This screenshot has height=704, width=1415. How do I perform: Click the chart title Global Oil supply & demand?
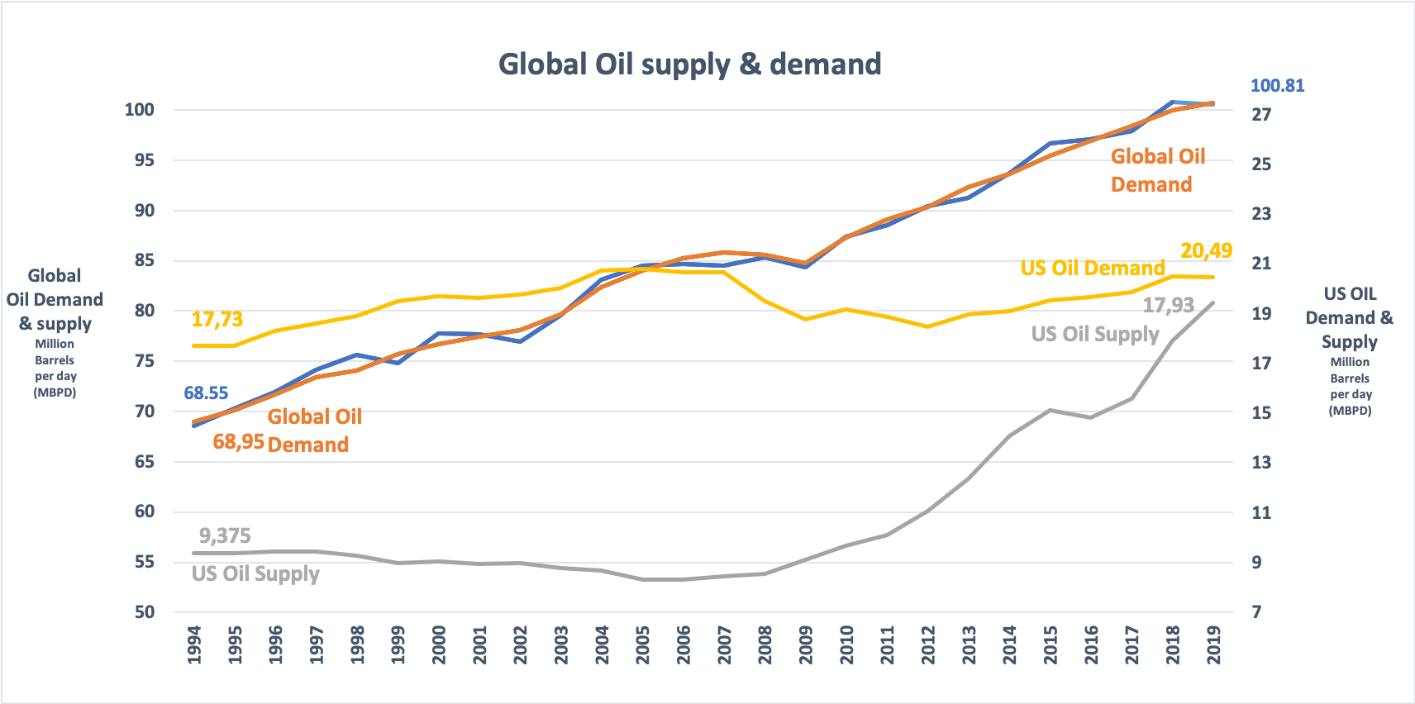[689, 64]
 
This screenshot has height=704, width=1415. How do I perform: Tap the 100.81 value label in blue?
[1277, 86]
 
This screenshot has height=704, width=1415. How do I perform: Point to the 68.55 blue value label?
[206, 393]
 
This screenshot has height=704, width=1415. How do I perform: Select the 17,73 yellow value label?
[217, 320]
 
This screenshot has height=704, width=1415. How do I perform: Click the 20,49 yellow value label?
[1206, 250]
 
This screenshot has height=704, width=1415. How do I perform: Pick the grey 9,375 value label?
[225, 536]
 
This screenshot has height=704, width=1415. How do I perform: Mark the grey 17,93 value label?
[1168, 306]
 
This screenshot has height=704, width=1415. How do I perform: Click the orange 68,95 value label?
[238, 442]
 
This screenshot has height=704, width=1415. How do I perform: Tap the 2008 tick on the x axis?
[765, 645]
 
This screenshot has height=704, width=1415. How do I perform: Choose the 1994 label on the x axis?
[194, 645]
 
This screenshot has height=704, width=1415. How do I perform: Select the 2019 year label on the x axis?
[1213, 645]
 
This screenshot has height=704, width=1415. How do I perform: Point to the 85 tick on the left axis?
[145, 260]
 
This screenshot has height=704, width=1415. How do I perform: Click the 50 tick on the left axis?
[145, 612]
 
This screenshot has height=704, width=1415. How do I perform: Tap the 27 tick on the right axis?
[1261, 115]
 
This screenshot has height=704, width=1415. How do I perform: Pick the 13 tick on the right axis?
[1261, 463]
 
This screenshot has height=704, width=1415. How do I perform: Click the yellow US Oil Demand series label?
[1092, 269]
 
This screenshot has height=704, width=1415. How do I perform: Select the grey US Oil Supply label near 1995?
[255, 573]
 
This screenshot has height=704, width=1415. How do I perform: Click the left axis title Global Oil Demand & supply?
[55, 300]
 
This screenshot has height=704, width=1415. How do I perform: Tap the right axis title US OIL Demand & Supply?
[1349, 318]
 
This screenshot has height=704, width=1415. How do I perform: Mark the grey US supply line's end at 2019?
[1213, 302]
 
